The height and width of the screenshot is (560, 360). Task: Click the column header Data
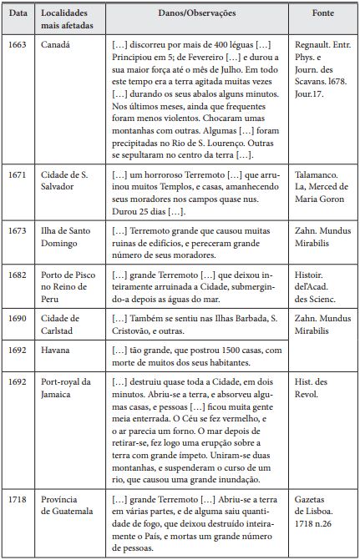click(x=19, y=14)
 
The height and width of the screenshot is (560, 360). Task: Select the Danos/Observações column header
click(x=196, y=14)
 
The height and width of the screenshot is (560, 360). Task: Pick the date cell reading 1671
click(x=19, y=174)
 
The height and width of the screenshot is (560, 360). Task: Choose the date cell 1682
click(x=19, y=273)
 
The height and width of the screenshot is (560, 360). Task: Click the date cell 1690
click(x=19, y=317)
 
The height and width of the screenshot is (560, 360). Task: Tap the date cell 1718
click(x=19, y=499)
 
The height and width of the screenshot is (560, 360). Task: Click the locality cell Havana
click(x=57, y=351)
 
